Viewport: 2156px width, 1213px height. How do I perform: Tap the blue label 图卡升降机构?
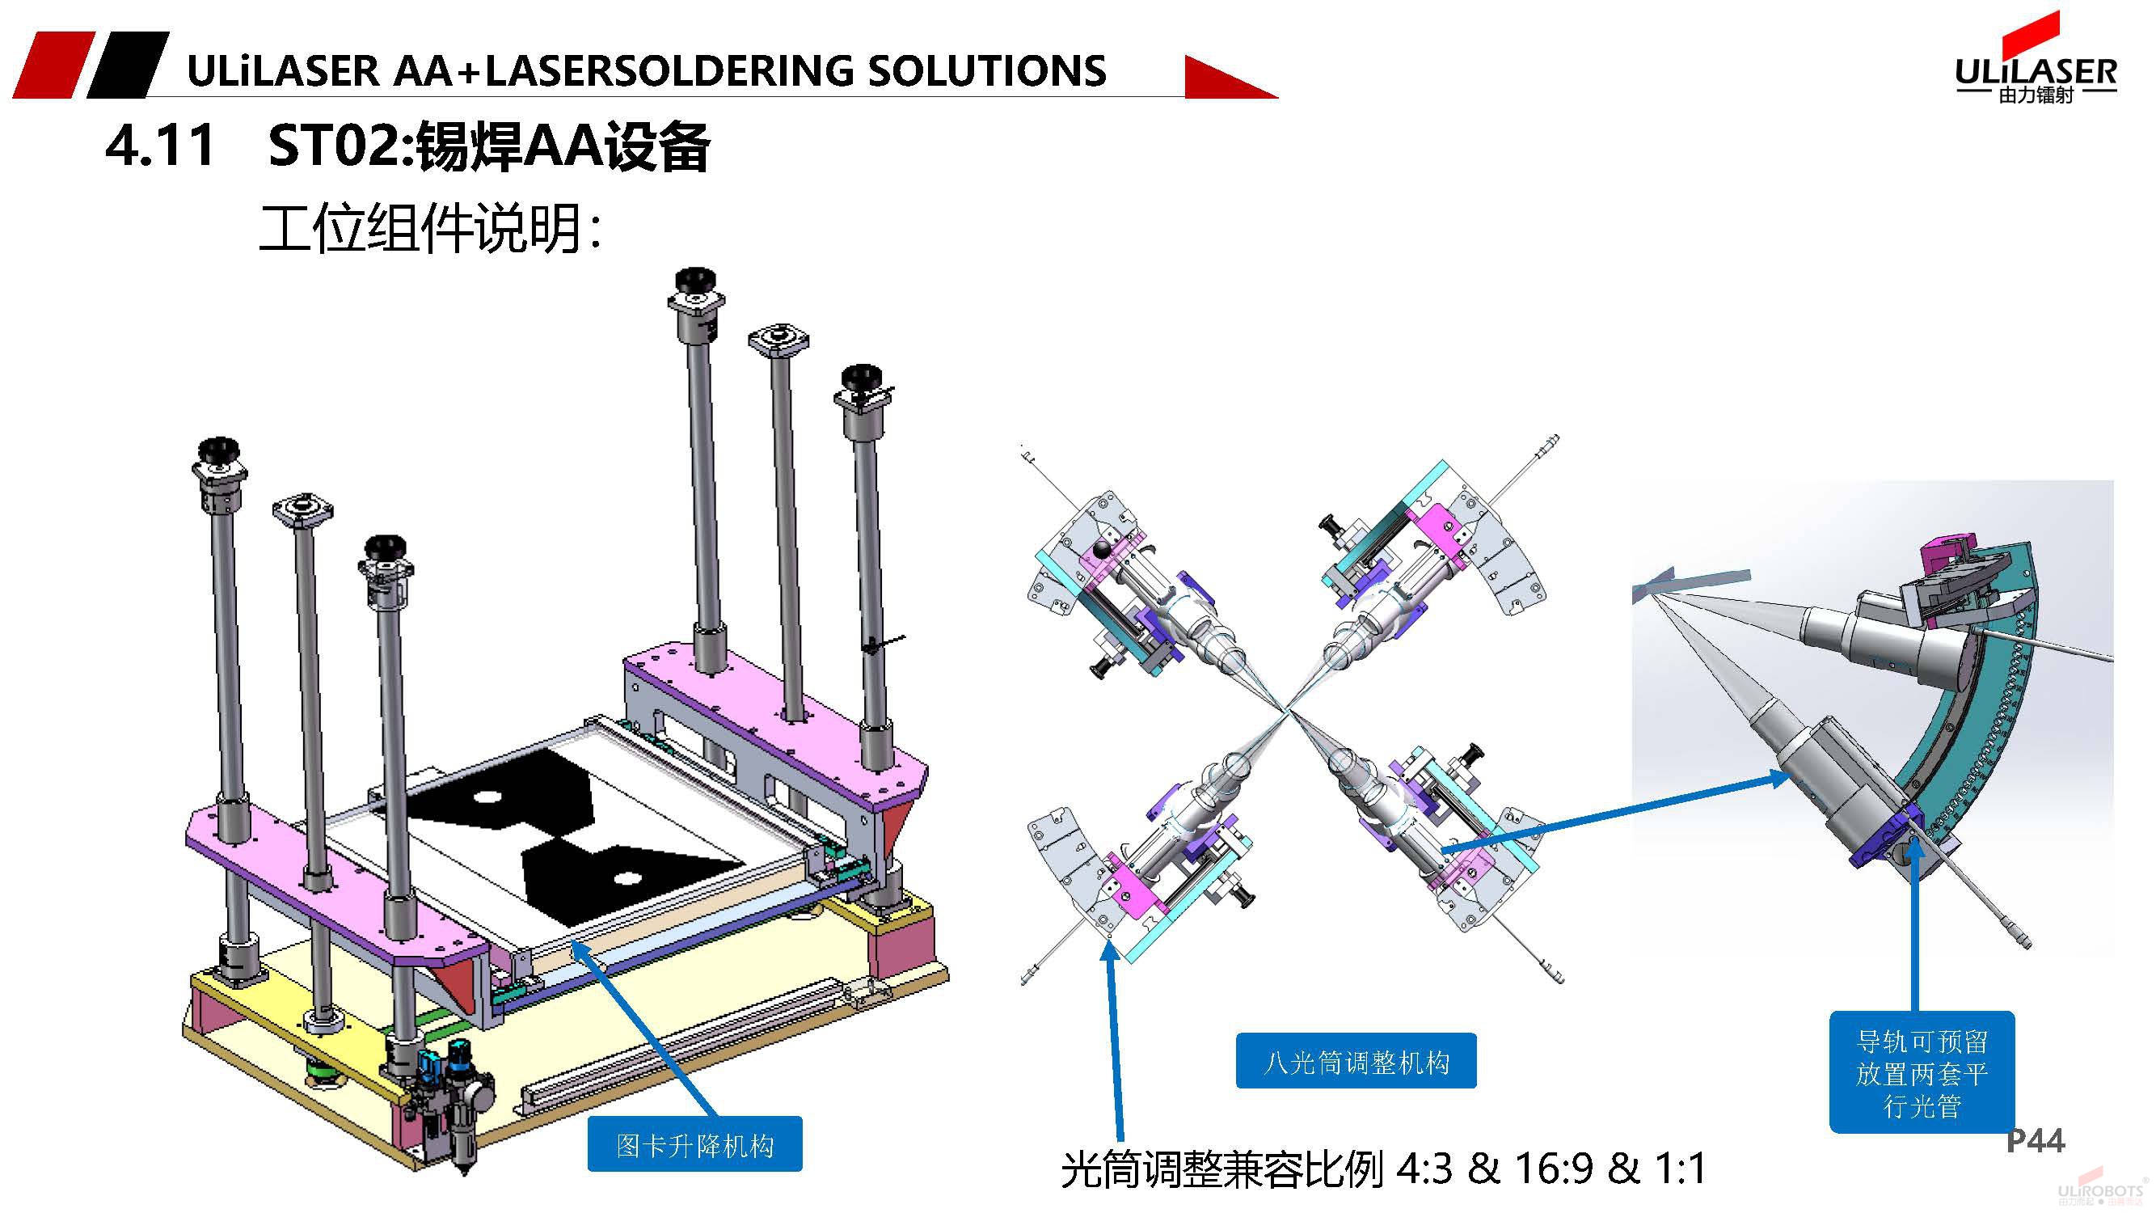click(x=694, y=1144)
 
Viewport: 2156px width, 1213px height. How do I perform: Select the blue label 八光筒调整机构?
click(x=1356, y=1063)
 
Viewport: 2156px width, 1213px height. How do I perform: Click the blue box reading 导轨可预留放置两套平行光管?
click(x=1922, y=1073)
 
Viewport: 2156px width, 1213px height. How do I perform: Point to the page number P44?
click(x=2036, y=1140)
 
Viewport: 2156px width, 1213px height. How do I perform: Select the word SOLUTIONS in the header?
click(x=987, y=70)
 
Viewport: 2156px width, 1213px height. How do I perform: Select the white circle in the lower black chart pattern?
click(x=626, y=879)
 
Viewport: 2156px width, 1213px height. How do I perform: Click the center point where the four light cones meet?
click(x=1288, y=712)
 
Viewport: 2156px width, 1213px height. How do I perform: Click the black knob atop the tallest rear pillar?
click(x=694, y=280)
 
